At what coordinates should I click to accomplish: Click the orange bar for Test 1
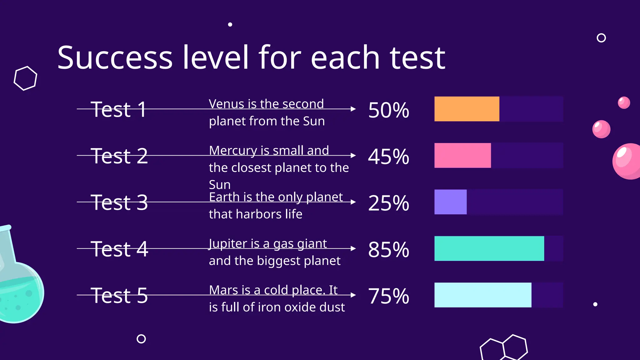[x=467, y=109]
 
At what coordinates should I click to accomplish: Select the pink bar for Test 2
[x=462, y=155]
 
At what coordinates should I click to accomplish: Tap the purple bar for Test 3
[x=450, y=202]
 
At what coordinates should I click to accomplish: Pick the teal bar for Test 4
[x=489, y=248]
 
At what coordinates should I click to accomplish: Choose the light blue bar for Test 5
[x=483, y=295]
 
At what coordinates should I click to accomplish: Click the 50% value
[x=388, y=110]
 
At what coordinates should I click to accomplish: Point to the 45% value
[x=388, y=156]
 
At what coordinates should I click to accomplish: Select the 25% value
[x=388, y=203]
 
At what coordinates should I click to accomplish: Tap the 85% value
[x=388, y=249]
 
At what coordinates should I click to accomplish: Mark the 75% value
[x=388, y=296]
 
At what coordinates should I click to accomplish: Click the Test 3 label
[x=119, y=202]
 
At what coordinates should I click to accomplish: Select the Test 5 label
[x=119, y=296]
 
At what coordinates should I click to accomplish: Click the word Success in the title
[x=115, y=58]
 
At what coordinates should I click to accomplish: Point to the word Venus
[x=226, y=104]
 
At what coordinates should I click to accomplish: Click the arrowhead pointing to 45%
[x=353, y=155]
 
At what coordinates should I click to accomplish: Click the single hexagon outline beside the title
[x=25, y=78]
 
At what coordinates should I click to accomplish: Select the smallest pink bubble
[x=624, y=102]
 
